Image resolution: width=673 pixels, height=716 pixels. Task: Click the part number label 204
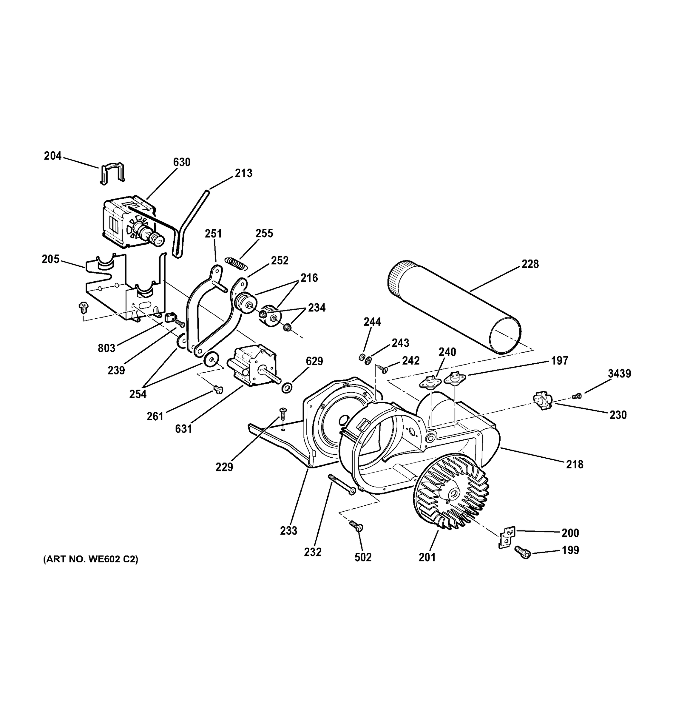(53, 156)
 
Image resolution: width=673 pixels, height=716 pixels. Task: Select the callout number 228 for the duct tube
(530, 264)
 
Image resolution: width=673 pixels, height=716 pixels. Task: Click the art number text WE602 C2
(90, 559)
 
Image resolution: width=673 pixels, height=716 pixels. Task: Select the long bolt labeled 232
(341, 485)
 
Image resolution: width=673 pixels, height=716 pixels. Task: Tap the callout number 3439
(619, 374)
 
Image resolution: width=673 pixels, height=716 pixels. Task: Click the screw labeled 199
(522, 552)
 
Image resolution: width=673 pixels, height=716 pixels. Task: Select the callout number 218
(574, 464)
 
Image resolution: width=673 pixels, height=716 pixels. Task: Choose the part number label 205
(50, 259)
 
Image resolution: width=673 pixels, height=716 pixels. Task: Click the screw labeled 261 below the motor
(217, 389)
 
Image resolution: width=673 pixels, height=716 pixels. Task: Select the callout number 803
(106, 348)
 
